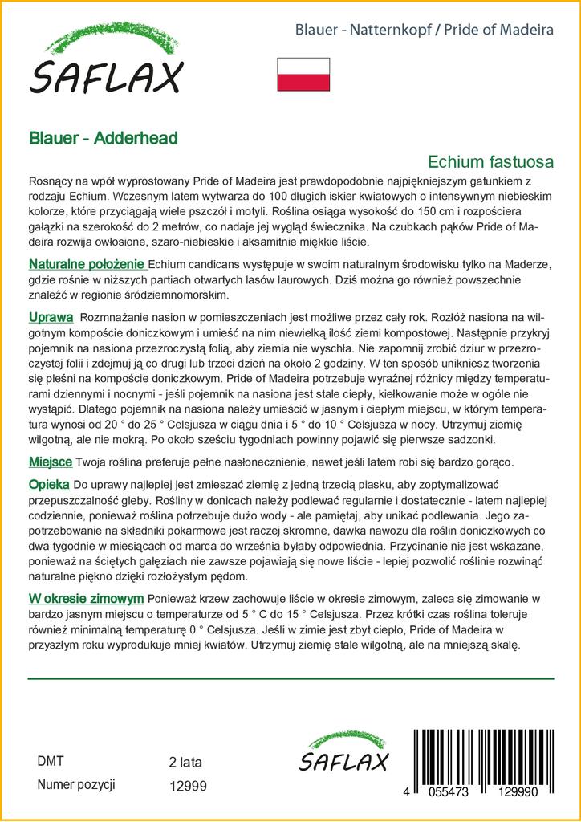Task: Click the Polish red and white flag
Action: (x=303, y=74)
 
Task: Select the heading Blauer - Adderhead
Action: (x=104, y=137)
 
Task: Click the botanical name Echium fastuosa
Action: (x=491, y=161)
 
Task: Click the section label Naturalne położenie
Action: (x=87, y=264)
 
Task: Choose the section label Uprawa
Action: (x=51, y=317)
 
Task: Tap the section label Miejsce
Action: (x=51, y=463)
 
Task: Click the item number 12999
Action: (x=189, y=785)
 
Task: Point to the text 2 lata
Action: (x=186, y=762)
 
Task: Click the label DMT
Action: (x=51, y=762)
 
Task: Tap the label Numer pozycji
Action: (x=77, y=784)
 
